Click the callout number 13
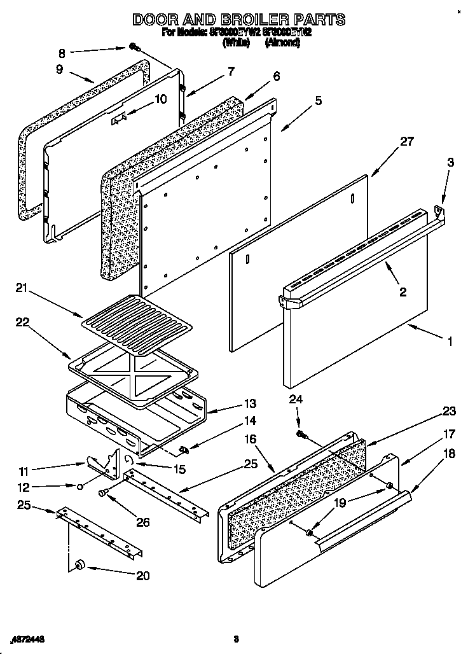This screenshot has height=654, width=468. click(x=249, y=403)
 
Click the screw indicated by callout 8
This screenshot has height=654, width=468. click(x=135, y=47)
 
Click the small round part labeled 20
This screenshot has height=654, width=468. click(x=81, y=564)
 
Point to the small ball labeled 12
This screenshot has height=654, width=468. click(x=78, y=487)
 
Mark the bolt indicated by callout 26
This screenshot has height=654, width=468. click(x=103, y=492)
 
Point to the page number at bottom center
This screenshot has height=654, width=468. click(x=235, y=639)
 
